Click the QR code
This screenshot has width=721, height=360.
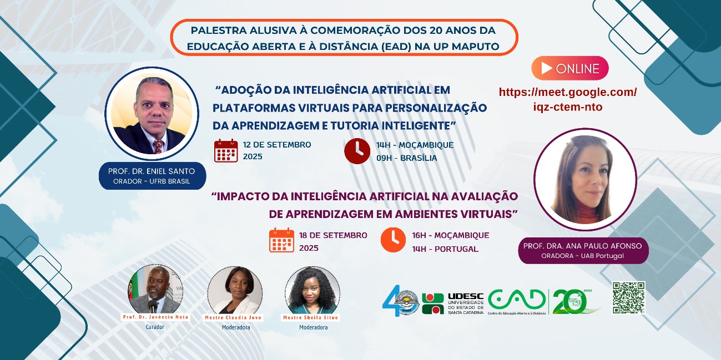[629, 297]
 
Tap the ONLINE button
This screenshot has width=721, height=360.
[570, 69]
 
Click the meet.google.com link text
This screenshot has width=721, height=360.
[567, 99]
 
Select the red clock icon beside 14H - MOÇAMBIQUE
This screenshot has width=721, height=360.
[357, 151]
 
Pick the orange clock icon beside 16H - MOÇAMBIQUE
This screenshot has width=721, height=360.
[393, 240]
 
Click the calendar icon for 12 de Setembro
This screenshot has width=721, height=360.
[226, 150]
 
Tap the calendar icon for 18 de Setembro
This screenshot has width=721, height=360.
[281, 240]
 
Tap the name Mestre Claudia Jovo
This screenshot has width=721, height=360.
[235, 317]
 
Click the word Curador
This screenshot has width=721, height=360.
[155, 327]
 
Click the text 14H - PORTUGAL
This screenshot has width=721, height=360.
[445, 249]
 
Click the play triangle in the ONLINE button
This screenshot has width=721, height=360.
[546, 69]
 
